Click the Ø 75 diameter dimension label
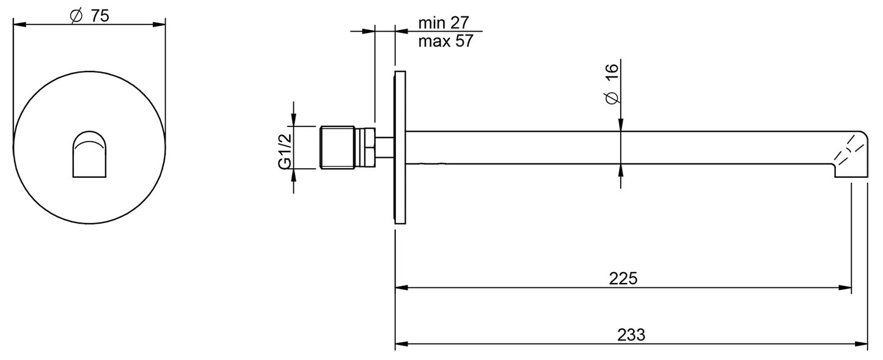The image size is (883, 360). tap(89, 16)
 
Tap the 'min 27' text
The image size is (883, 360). tap(444, 23)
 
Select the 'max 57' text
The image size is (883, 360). tap(445, 41)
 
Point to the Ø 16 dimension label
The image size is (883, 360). tap(612, 84)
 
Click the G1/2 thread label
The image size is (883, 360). tap(285, 152)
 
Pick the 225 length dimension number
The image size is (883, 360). tap(623, 278)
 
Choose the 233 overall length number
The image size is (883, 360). tap(631, 335)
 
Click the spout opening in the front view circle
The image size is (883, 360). tap(89, 154)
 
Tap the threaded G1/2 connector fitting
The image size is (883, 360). tap(337, 147)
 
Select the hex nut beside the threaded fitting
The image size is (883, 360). tap(365, 147)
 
